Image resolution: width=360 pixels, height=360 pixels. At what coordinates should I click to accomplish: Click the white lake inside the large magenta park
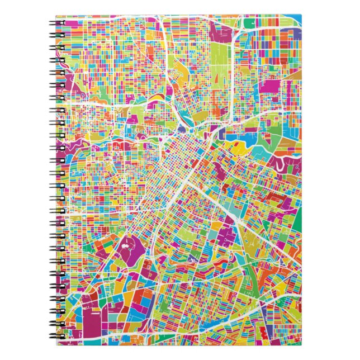[x=124, y=245]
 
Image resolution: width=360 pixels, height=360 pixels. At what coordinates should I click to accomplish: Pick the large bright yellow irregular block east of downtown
[x=241, y=149]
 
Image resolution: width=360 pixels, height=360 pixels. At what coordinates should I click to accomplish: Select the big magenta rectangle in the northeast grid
[x=272, y=87]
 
